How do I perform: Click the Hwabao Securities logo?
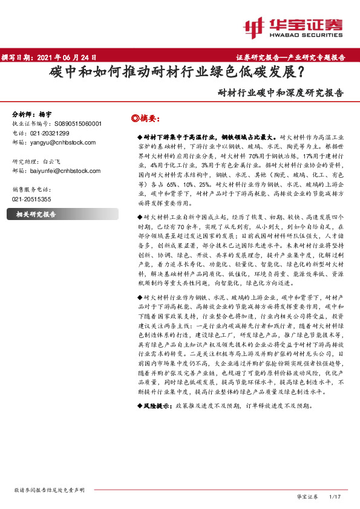coord(293,27)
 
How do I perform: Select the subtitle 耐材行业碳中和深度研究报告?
coord(281,94)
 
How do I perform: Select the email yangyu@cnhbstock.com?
coord(58,143)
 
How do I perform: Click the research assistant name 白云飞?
coord(51,162)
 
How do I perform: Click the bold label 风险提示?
coord(158,406)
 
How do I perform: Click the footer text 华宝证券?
coord(307,496)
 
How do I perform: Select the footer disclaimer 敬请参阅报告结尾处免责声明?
coord(48,490)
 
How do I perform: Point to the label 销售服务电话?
coord(32,189)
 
